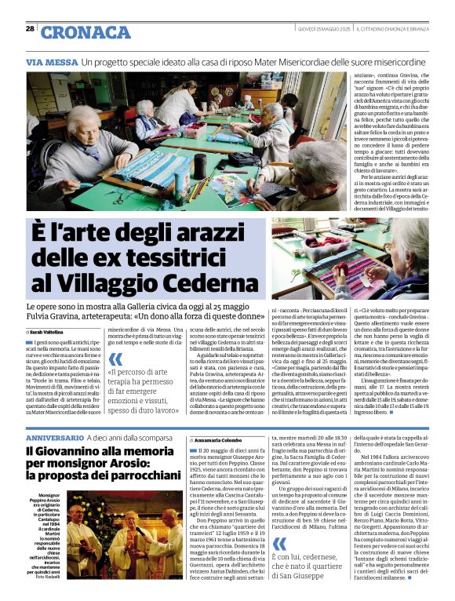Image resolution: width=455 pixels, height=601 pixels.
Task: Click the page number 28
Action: coord(30,28)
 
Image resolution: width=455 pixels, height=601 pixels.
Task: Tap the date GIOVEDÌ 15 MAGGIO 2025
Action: coord(319,28)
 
